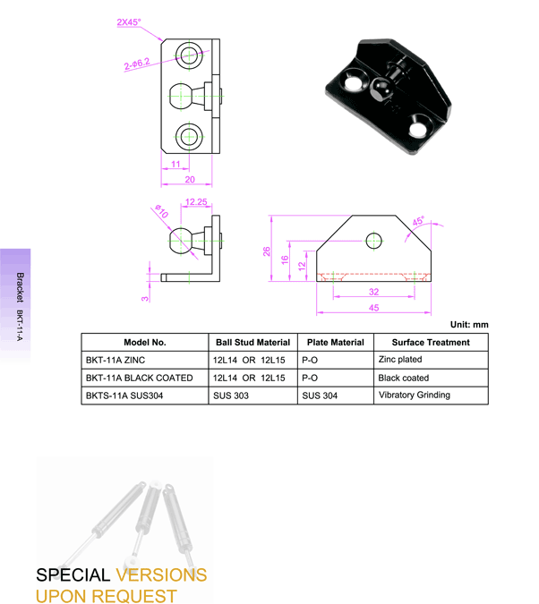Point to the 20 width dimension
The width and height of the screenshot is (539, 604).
click(188, 179)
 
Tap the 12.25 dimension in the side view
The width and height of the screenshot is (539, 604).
click(197, 203)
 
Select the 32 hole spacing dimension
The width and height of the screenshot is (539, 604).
click(372, 292)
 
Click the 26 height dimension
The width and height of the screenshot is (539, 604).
click(266, 251)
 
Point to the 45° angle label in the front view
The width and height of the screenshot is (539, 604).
click(417, 221)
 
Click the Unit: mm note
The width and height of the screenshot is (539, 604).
click(468, 324)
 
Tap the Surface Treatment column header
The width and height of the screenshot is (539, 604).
click(430, 342)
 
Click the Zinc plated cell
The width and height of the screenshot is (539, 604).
click(400, 360)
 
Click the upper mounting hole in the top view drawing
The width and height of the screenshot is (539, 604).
click(188, 55)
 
